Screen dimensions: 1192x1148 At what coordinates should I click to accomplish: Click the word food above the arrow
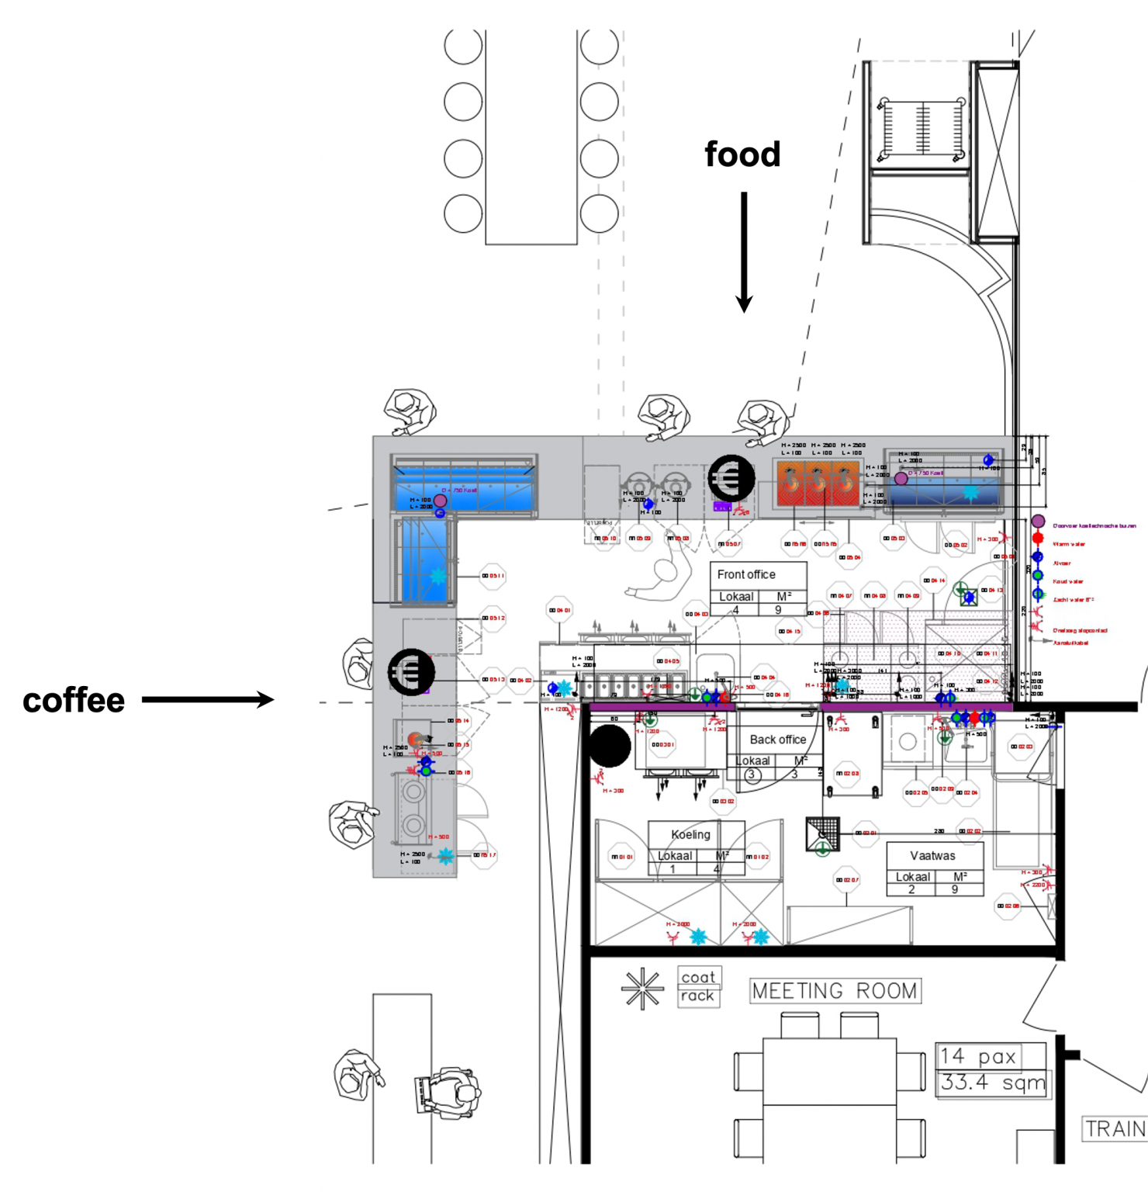(x=742, y=154)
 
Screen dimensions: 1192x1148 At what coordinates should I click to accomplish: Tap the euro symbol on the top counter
(x=731, y=478)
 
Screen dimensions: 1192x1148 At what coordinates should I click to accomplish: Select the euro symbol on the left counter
(x=411, y=672)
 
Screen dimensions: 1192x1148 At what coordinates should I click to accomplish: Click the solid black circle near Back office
(x=610, y=746)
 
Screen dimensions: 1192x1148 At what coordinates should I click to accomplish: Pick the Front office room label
(x=746, y=574)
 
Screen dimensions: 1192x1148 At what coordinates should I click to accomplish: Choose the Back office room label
(x=777, y=740)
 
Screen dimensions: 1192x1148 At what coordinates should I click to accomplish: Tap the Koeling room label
(x=690, y=834)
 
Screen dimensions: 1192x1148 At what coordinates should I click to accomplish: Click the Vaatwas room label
(x=932, y=855)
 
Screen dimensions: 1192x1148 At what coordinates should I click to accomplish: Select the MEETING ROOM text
(x=835, y=991)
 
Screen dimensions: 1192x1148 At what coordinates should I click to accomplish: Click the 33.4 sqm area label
(x=993, y=1083)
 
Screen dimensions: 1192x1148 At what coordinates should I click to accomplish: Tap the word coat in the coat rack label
(x=698, y=977)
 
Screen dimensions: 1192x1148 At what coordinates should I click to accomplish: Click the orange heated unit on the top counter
(x=818, y=483)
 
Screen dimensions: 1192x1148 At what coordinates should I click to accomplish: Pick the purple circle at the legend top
(x=1038, y=521)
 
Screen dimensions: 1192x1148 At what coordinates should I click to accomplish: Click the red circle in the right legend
(x=1038, y=539)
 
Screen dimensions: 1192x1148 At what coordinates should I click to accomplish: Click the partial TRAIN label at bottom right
(x=1115, y=1128)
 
